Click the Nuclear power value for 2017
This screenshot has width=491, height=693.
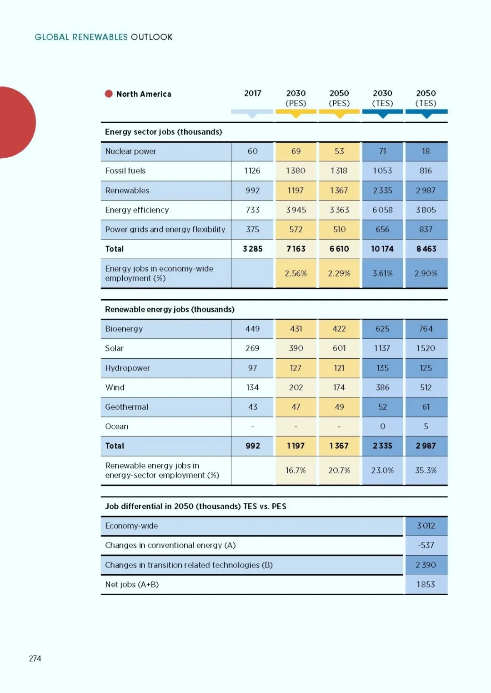[252, 151]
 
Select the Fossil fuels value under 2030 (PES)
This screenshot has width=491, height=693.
[296, 171]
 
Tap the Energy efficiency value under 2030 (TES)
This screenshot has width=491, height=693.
[382, 210]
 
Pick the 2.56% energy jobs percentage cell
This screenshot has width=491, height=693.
[296, 273]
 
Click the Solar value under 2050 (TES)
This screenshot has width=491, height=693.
[426, 348]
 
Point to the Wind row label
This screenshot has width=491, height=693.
[115, 387]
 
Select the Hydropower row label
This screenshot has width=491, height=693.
[127, 368]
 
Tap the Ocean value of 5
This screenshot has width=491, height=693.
[426, 427]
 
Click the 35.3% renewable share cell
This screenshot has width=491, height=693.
[426, 471]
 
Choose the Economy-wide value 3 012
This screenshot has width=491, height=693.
[426, 526]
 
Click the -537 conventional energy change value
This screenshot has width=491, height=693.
[426, 545]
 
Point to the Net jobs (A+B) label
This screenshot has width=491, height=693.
[132, 584]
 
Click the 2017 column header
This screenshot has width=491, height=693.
[252, 93]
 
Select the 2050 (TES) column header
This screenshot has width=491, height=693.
[426, 98]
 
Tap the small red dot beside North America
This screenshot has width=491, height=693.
[109, 94]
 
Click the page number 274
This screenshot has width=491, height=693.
[35, 658]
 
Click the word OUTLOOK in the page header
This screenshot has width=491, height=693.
[151, 37]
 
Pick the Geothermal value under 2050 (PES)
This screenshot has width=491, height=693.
[339, 407]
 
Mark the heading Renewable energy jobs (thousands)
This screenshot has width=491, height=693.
[170, 309]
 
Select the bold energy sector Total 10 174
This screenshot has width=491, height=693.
[382, 249]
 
